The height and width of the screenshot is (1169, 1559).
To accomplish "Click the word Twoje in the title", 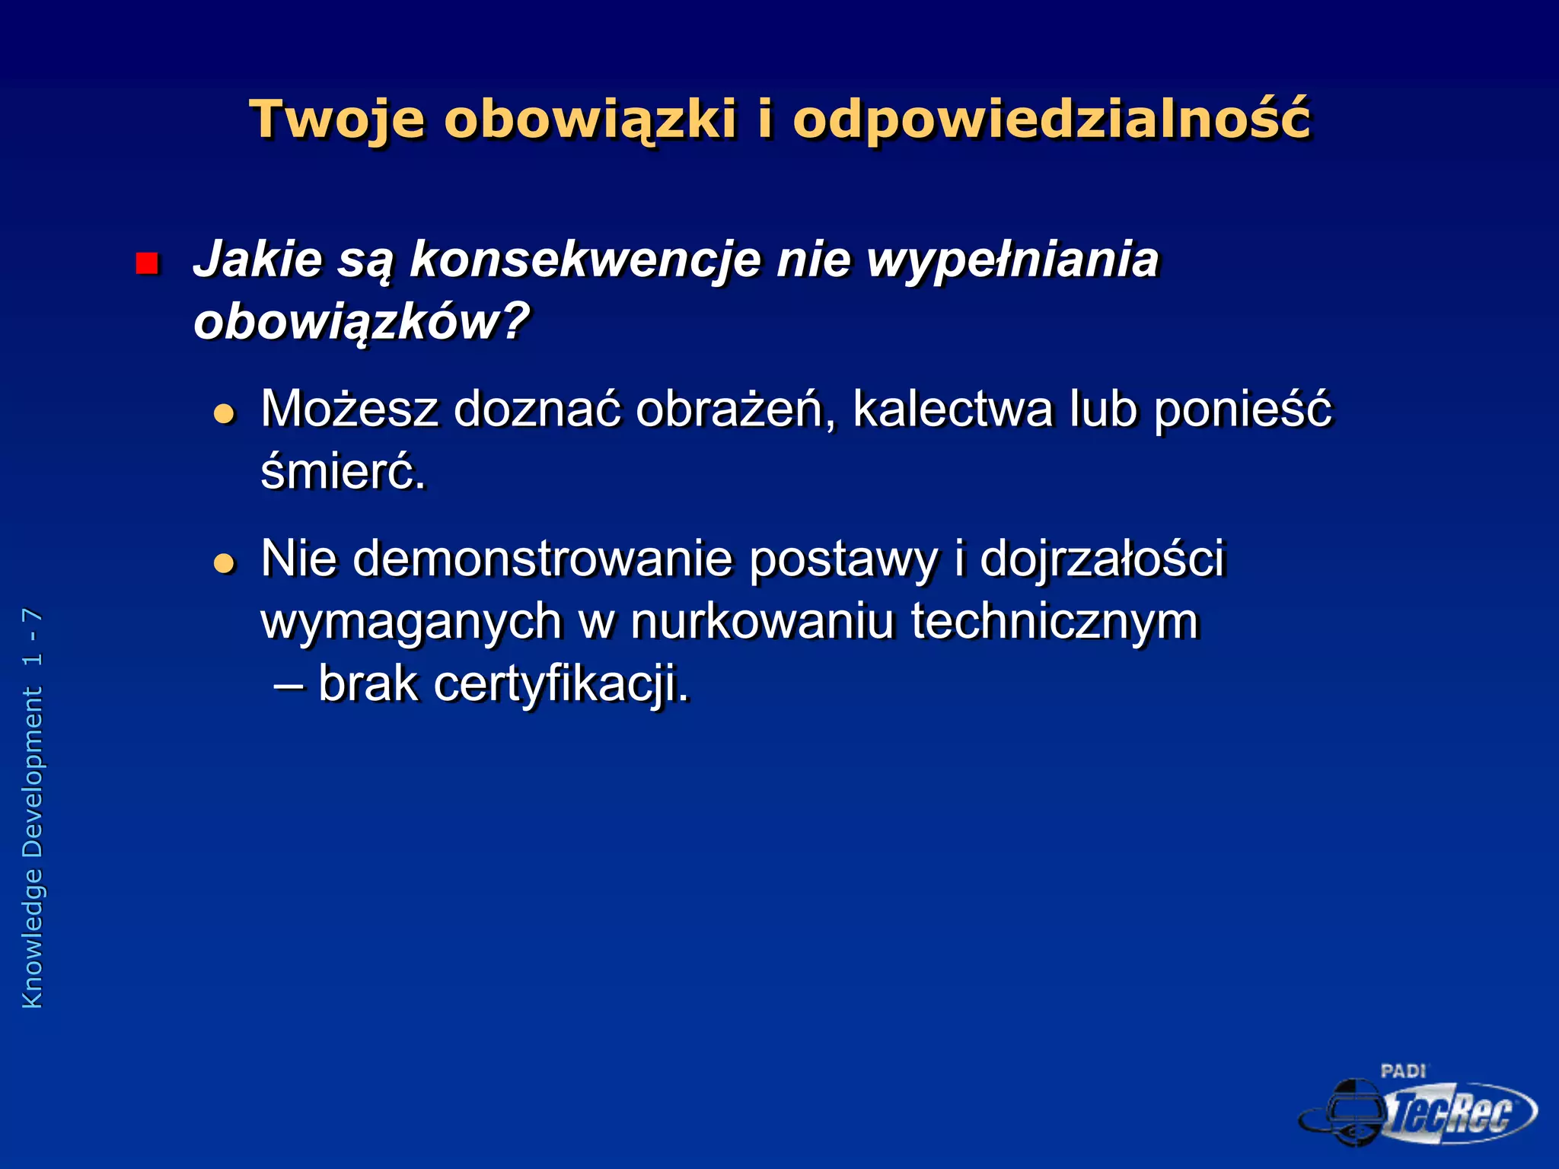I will pos(337,120).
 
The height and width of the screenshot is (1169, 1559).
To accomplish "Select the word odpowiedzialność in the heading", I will pos(1052,120).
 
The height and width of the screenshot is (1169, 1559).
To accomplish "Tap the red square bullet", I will pos(146,263).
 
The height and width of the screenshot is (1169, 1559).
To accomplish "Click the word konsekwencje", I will pos(585,260).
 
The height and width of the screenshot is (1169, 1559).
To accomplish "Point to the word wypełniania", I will pos(1012,260).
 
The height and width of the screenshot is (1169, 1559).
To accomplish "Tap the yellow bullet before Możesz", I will pos(224,414).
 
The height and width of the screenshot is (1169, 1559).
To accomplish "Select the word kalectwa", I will pos(952,409).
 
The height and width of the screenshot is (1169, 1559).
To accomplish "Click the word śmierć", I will pos(343,472).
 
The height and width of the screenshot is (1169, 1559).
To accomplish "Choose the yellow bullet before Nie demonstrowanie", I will pos(224,563).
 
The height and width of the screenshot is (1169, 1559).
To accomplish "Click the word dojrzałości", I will pos(1102,560).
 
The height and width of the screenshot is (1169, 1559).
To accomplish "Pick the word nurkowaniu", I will pos(761,622).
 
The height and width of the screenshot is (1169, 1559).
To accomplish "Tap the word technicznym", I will pos(1055,622).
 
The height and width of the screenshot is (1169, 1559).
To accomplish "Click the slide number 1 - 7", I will pos(32,638).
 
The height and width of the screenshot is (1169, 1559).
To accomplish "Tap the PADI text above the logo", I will pos(1403,1072).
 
